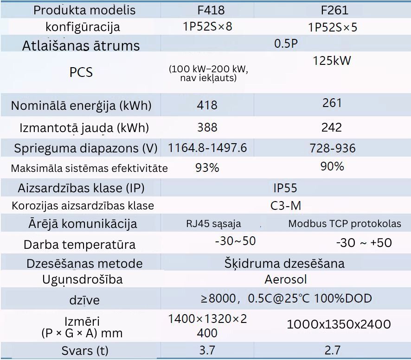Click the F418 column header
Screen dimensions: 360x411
pyautogui.click(x=207, y=10)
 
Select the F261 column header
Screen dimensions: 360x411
pyautogui.click(x=332, y=10)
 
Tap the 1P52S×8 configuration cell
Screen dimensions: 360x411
pyautogui.click(x=207, y=26)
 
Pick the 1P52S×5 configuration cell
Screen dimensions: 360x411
pyautogui.click(x=333, y=27)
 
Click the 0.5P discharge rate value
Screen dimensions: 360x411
pyautogui.click(x=285, y=44)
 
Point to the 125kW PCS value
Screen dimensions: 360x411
pyautogui.click(x=332, y=60)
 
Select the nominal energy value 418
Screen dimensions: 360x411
pyautogui.click(x=207, y=105)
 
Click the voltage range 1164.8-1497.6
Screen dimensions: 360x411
pyautogui.click(x=207, y=148)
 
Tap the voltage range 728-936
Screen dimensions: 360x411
pyautogui.click(x=332, y=148)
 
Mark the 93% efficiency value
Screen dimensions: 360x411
pyautogui.click(x=207, y=168)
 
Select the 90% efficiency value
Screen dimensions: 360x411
pyautogui.click(x=332, y=166)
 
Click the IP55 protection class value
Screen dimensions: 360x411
pyautogui.click(x=285, y=188)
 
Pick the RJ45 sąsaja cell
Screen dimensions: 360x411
pyautogui.click(x=213, y=224)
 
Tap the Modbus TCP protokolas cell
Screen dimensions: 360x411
pyautogui.click(x=345, y=224)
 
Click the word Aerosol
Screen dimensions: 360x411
pyautogui.click(x=285, y=279)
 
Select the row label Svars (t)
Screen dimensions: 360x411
pyautogui.click(x=83, y=350)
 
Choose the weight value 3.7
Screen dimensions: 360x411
pyautogui.click(x=207, y=350)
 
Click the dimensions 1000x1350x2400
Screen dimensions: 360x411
pyautogui.click(x=339, y=324)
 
